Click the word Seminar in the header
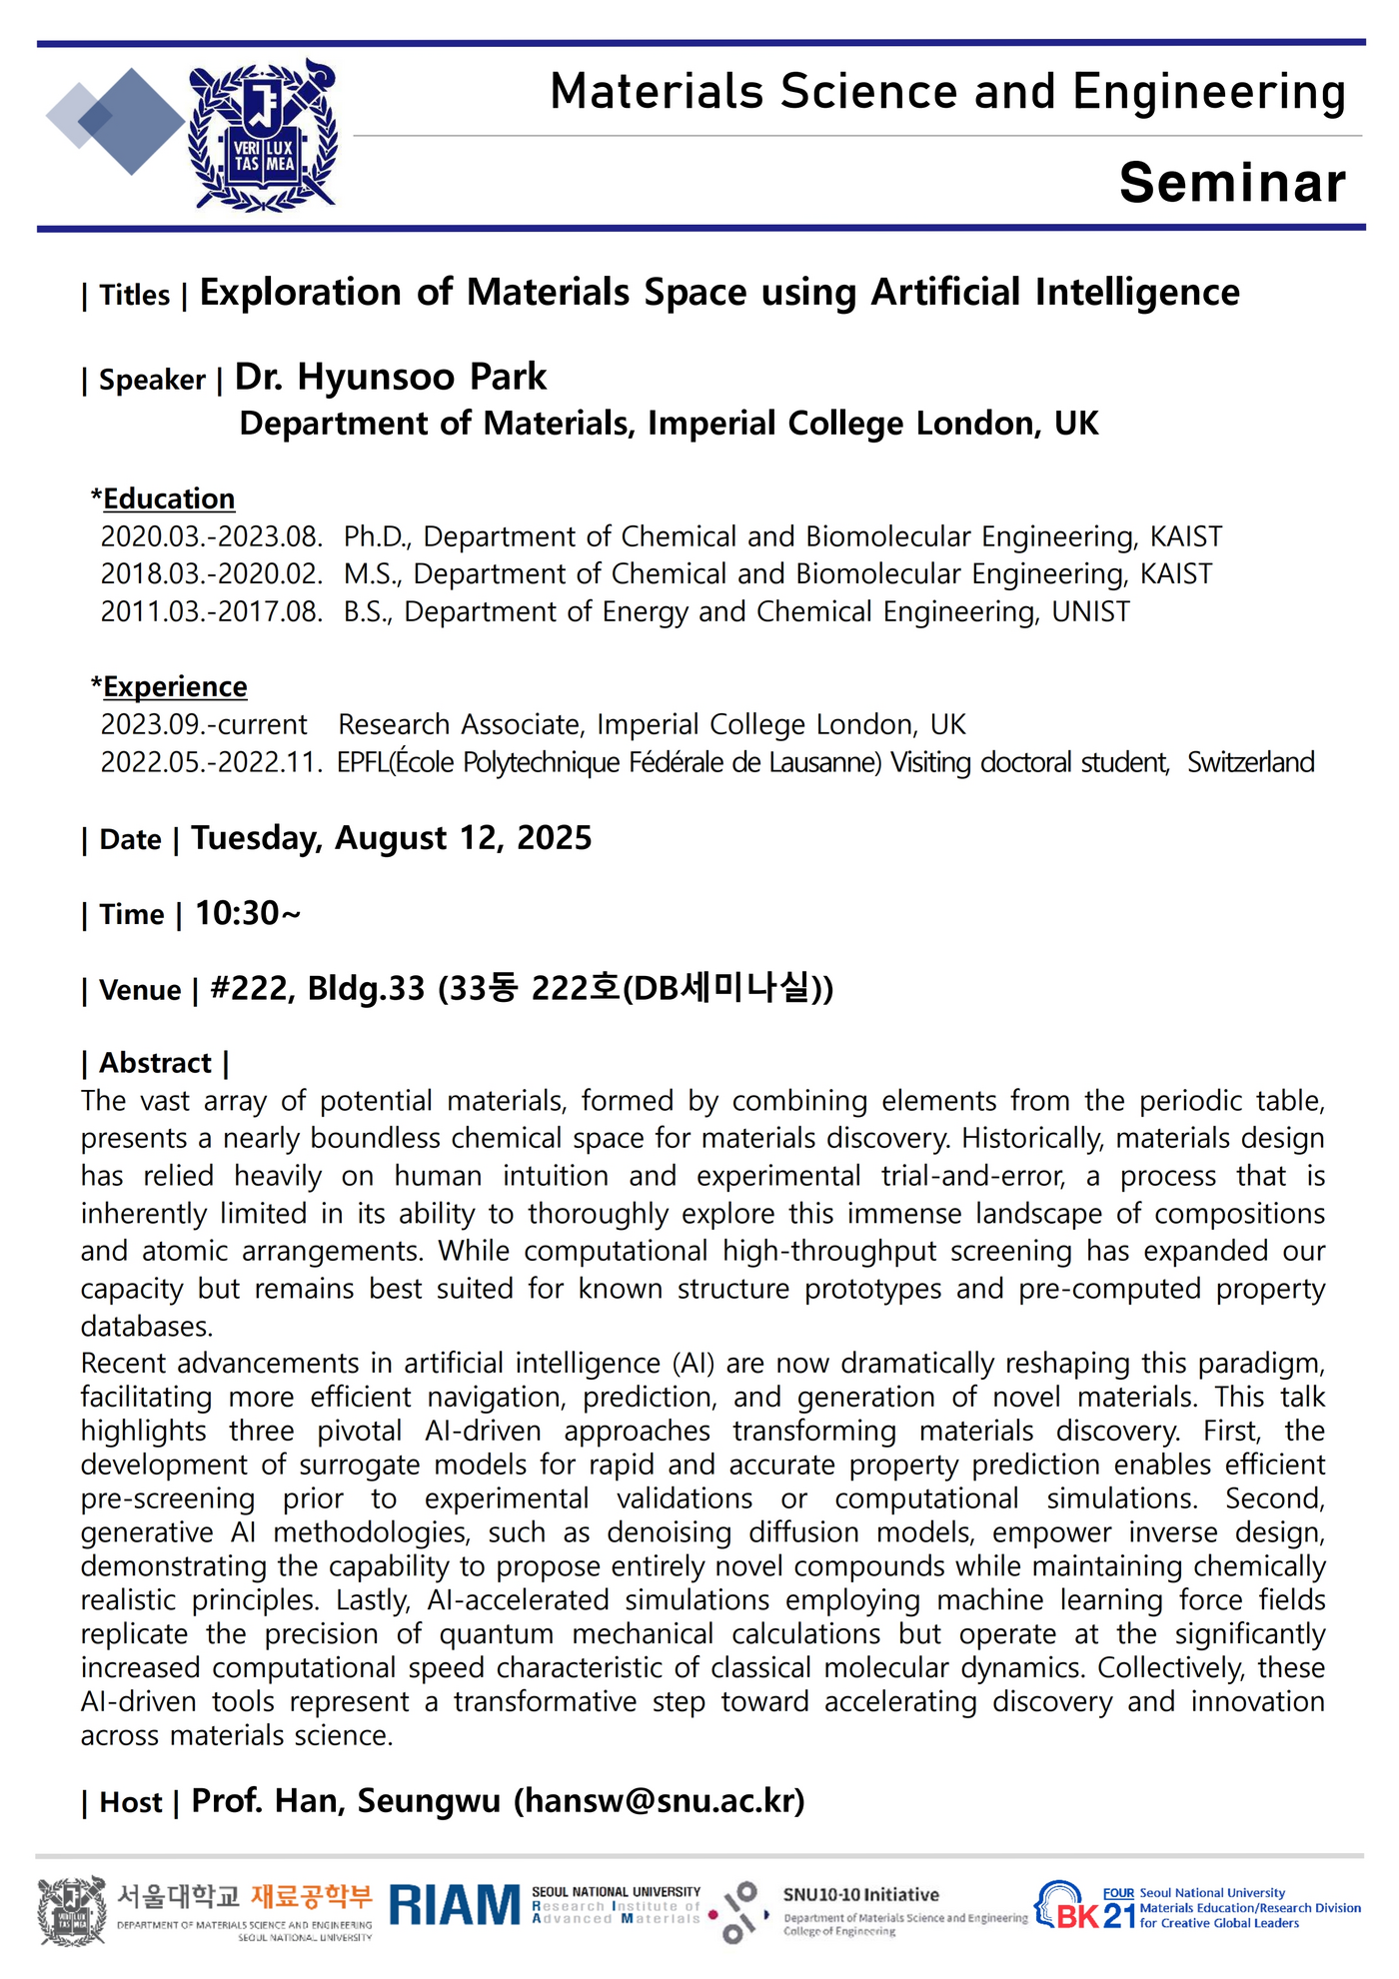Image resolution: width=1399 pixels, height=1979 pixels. click(1232, 183)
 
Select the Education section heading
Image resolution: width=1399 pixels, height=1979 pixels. click(169, 498)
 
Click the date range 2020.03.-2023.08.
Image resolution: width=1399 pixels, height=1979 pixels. click(212, 537)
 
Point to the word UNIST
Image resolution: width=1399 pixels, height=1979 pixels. click(1090, 611)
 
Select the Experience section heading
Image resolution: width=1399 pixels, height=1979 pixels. click(175, 687)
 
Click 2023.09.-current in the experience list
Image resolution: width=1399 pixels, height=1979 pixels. click(204, 724)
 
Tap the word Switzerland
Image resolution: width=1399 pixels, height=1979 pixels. click(1250, 762)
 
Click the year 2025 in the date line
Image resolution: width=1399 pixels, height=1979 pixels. click(554, 838)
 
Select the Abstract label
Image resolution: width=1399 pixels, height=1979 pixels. click(156, 1063)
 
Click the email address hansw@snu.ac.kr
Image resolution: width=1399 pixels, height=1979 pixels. click(659, 1800)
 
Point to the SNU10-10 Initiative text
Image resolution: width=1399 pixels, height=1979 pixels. click(860, 1894)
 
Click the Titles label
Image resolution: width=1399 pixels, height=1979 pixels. click(134, 296)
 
